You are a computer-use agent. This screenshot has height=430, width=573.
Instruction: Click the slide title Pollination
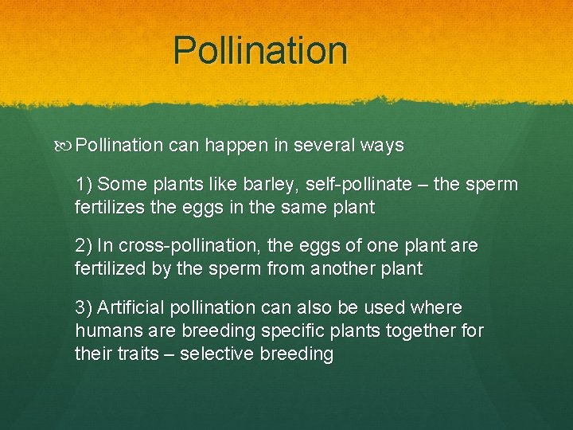(x=260, y=50)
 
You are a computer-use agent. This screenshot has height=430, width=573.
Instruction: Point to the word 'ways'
(x=382, y=147)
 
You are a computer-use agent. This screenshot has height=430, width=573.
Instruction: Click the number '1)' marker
(x=84, y=185)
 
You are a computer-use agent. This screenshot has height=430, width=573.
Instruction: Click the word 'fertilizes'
(x=111, y=207)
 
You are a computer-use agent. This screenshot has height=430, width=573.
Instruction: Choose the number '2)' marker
(x=84, y=247)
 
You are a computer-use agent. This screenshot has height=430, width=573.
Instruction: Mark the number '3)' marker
(x=84, y=308)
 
